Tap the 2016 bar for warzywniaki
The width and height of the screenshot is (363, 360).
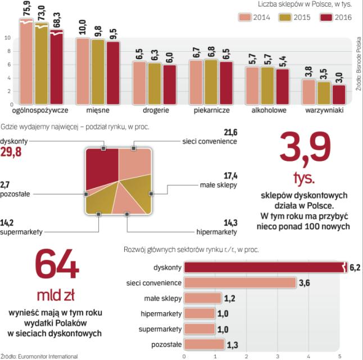339,94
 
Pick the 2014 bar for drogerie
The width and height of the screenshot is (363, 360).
139,83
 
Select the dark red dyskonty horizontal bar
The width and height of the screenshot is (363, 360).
264,267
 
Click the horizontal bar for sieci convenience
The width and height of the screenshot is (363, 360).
241,282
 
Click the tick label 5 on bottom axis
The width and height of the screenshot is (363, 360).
339,356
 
